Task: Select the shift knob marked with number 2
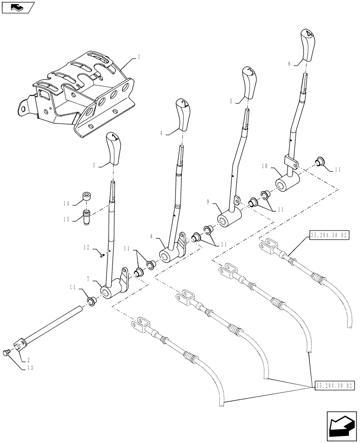click(x=183, y=115)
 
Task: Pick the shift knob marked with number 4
click(x=308, y=44)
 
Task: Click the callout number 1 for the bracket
click(x=139, y=57)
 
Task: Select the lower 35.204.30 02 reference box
click(x=335, y=386)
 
